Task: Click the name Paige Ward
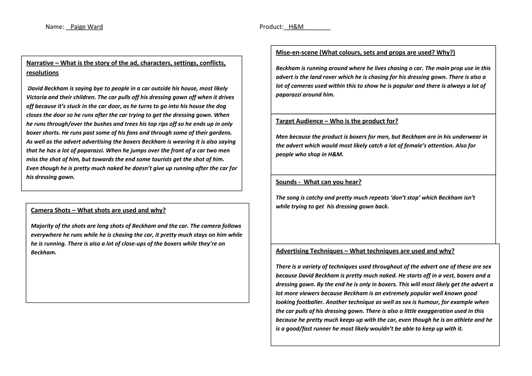tap(87, 27)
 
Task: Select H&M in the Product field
tap(296, 27)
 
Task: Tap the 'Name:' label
tap(55, 27)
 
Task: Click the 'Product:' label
tap(271, 27)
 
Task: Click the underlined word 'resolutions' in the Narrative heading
tap(42, 73)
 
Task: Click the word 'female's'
tap(415, 146)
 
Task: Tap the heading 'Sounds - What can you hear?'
tap(318, 182)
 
